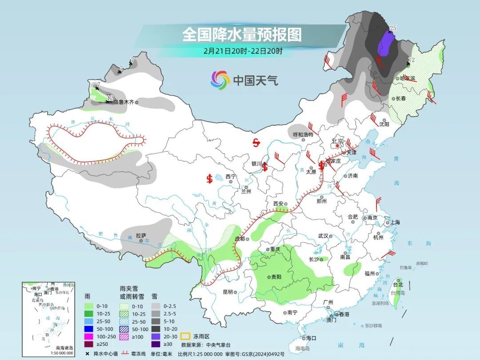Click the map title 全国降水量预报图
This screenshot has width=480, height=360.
pyautogui.click(x=242, y=34)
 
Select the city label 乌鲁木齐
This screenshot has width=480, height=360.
pyautogui.click(x=122, y=102)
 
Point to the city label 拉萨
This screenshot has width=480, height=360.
pyautogui.click(x=141, y=236)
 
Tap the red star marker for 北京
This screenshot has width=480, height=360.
pyautogui.click(x=338, y=146)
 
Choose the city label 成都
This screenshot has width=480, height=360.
pyautogui.click(x=240, y=239)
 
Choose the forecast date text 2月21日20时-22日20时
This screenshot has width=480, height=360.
pyautogui.click(x=242, y=51)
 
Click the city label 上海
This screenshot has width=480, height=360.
pyautogui.click(x=394, y=222)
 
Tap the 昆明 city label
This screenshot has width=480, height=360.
pyautogui.click(x=228, y=292)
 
